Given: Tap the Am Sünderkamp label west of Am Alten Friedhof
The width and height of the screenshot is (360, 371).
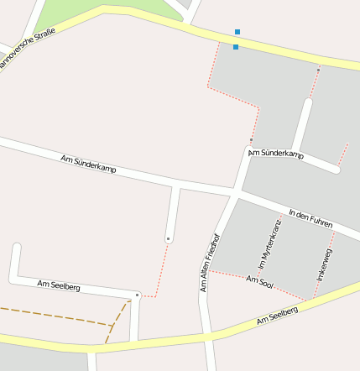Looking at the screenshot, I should [x=89, y=164].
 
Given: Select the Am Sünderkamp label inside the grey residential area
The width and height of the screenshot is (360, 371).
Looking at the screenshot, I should [x=276, y=154].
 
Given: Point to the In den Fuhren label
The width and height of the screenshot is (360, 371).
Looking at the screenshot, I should [x=310, y=218].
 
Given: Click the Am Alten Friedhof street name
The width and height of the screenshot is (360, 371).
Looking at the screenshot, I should [x=209, y=262].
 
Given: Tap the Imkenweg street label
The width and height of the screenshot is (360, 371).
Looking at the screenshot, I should [x=325, y=264].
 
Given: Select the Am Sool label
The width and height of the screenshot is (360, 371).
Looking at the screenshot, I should [x=260, y=282].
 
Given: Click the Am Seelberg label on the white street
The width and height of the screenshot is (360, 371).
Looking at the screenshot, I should [x=59, y=286].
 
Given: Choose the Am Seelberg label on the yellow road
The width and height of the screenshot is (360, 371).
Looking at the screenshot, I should [x=278, y=316].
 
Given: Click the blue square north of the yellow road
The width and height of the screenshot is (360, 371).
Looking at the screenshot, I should [x=237, y=32].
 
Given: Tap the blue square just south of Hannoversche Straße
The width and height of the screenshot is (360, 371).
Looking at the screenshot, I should [x=236, y=47].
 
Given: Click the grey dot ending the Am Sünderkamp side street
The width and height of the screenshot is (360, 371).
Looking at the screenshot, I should [x=169, y=239].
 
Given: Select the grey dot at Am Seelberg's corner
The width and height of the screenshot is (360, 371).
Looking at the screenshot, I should [x=137, y=295].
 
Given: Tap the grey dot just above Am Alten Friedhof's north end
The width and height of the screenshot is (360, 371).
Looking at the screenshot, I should [x=251, y=140].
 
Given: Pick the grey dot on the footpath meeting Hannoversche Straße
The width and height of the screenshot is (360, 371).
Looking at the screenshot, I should [x=318, y=71].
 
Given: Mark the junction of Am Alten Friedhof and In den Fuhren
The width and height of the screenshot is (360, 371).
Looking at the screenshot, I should [x=233, y=196].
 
